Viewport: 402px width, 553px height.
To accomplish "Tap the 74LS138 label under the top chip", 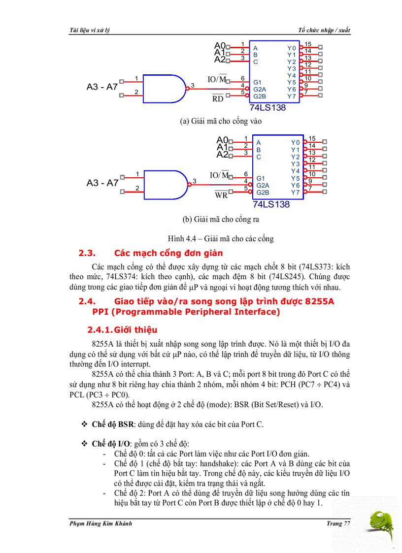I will coord(268,108).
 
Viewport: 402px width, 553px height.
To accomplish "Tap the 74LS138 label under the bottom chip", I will coord(271,204).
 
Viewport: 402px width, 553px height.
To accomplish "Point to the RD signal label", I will coord(218,98).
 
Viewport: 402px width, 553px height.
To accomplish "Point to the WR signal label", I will coord(221,195).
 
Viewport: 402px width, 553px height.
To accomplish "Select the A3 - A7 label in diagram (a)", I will coord(102,87).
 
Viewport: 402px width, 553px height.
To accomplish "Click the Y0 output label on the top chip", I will coord(292,48).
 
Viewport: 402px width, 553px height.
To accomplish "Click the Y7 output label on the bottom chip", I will coord(295,193).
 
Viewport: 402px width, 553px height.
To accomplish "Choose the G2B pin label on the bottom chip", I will coord(263,193).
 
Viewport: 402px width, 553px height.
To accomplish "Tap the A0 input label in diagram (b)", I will coord(222,140).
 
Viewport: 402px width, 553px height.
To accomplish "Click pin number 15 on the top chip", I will coord(308,44).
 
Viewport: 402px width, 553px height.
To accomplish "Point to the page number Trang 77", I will coord(338,523).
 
